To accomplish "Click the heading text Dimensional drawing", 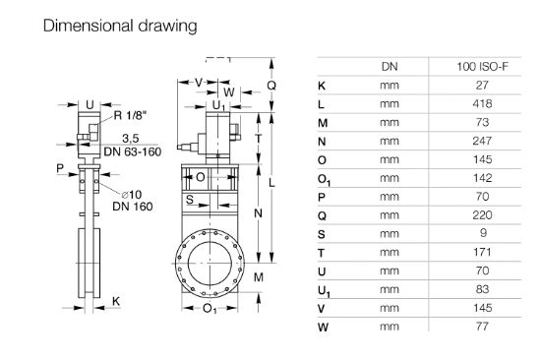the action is point(120,27).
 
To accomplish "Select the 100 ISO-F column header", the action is point(482,66).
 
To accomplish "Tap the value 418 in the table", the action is point(482,103).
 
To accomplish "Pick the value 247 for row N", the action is point(482,141).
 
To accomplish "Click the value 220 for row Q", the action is point(482,215).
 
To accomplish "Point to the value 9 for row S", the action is point(483,233).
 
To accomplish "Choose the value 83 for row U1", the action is point(482,289).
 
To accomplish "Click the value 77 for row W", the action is point(482,327).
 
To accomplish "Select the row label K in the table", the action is point(322,86).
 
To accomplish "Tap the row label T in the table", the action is point(322,253).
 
